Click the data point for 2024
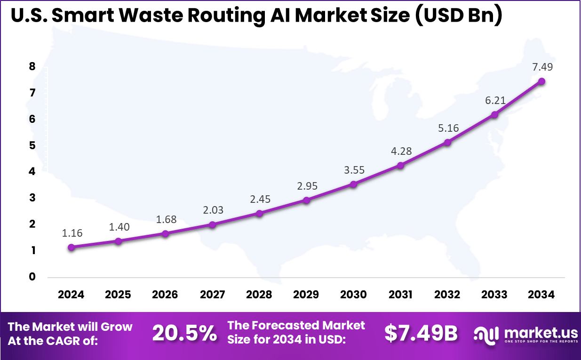point(71,247)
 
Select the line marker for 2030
point(353,184)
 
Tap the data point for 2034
point(541,81)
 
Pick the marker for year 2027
point(212,224)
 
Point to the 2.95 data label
point(307,186)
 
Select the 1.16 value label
point(72,232)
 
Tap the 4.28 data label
point(401,152)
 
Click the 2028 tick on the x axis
point(259,295)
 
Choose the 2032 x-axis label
point(447,295)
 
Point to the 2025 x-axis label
point(118,295)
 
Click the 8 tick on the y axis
point(32,67)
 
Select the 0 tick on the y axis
point(32,277)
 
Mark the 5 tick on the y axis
point(32,145)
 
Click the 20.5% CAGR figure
point(184,333)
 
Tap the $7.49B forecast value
point(421,333)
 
